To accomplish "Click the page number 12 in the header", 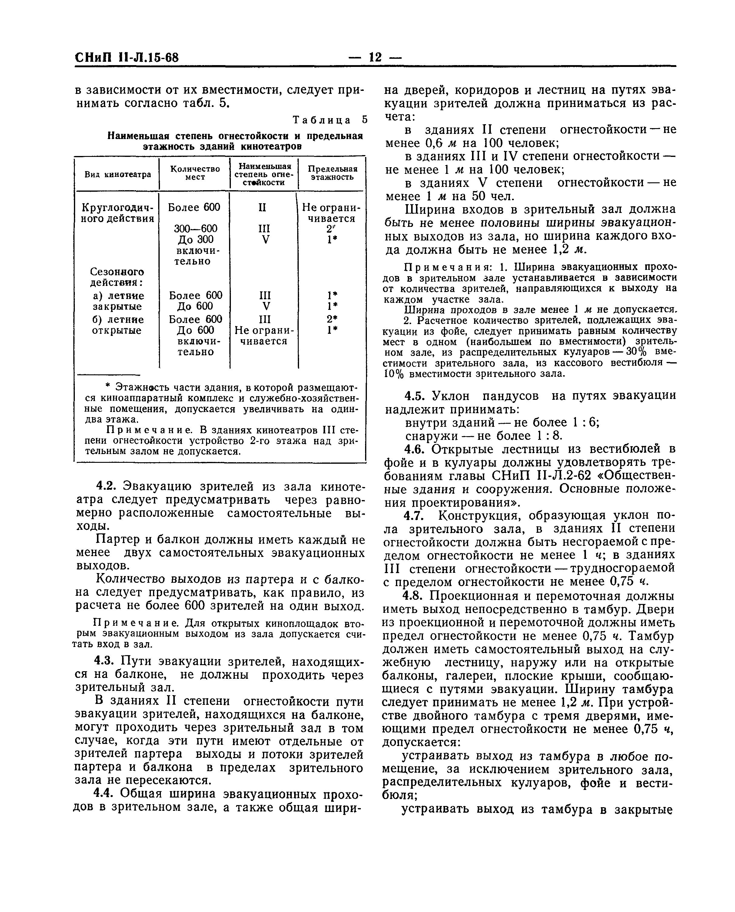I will click(375, 57).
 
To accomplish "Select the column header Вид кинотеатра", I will click(118, 174).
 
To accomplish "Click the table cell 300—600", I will click(196, 228).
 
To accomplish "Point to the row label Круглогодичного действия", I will click(117, 213).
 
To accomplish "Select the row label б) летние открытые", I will click(118, 325).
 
